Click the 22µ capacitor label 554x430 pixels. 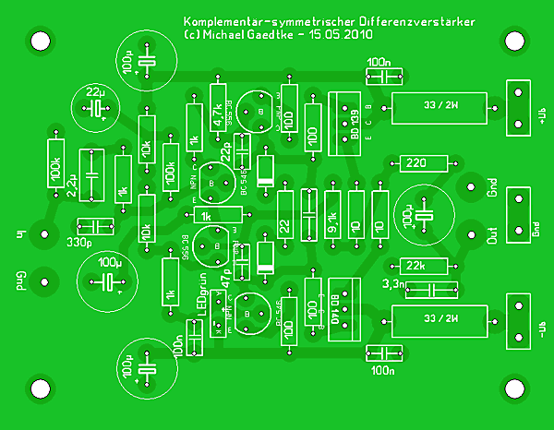(x=94, y=92)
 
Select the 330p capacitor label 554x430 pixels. (x=79, y=244)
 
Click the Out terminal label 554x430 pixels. (x=492, y=235)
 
